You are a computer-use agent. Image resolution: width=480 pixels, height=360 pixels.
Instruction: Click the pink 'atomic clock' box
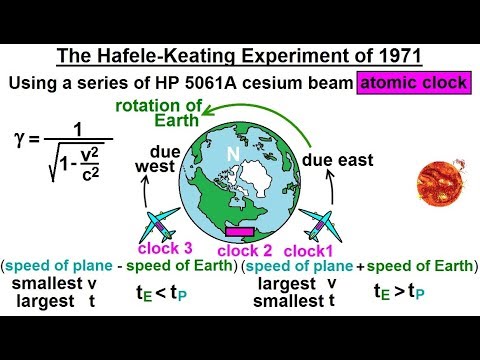click(x=413, y=83)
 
